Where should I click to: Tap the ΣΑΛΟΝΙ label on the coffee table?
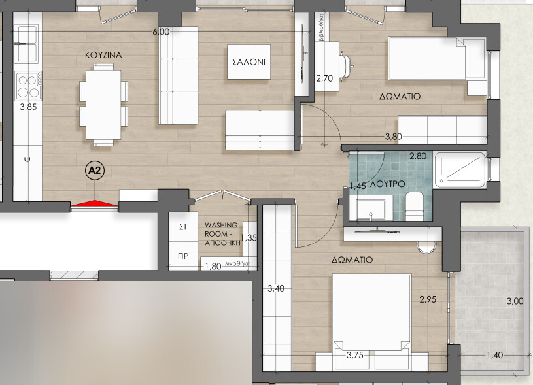[x=249, y=63]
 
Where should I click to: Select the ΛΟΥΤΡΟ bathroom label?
[x=386, y=186]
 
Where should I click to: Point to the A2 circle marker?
[x=95, y=171]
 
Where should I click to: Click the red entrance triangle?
[x=94, y=205]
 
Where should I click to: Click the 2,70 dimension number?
[x=325, y=78]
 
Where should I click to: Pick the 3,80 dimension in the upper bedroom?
[x=392, y=137]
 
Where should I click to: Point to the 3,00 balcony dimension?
[x=515, y=301]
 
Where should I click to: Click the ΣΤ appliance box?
[x=183, y=226]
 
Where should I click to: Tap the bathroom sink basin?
[x=370, y=208]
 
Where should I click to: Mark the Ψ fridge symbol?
[x=27, y=159]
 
